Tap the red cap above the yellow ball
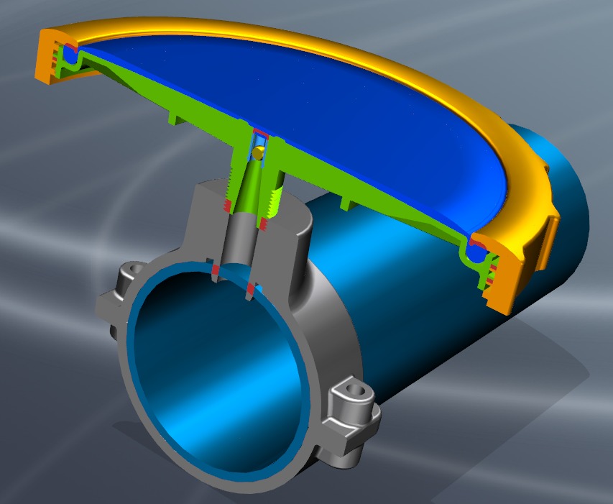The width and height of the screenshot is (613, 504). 260,135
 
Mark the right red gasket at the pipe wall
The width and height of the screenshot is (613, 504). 250,290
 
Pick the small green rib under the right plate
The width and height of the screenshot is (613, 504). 348,204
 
